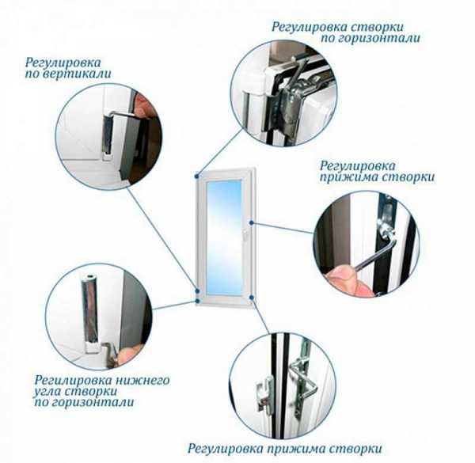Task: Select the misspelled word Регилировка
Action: pos(71,380)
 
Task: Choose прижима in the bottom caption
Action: pos(295,449)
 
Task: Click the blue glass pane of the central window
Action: pos(225,237)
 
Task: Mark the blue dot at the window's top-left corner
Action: pos(197,175)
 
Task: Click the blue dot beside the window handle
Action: pos(252,223)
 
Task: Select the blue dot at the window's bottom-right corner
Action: pos(252,298)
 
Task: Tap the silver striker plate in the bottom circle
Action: pos(266,393)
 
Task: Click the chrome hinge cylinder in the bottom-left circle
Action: pos(89,312)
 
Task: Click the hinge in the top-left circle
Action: pos(107,135)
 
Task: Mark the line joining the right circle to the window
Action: pos(283,228)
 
